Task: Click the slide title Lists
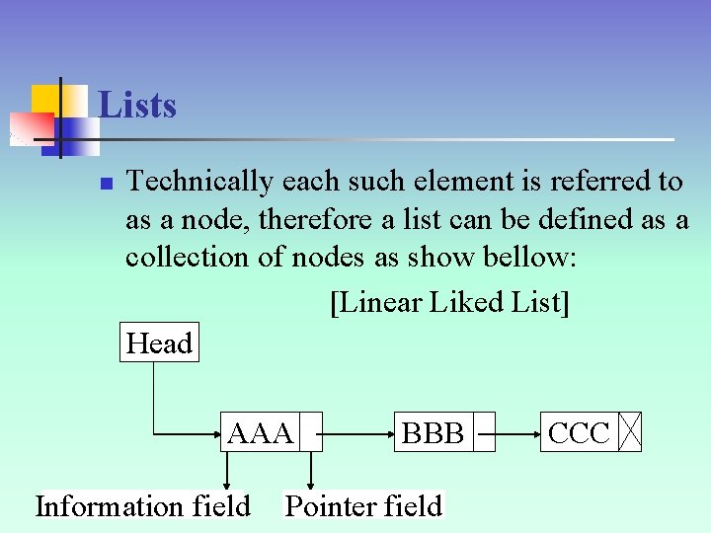tap(137, 105)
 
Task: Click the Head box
tap(159, 343)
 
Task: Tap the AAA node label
tap(260, 432)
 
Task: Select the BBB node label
tap(433, 432)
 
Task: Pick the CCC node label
tap(579, 432)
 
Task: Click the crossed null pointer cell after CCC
tap(630, 432)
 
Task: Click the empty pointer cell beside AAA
tap(310, 432)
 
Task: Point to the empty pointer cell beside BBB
tap(484, 432)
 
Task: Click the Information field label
tap(143, 506)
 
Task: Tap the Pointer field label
tap(363, 506)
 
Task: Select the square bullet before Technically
tap(108, 184)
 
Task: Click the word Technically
tap(200, 182)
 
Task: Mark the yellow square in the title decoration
tap(46, 99)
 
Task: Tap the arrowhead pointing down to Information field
tap(228, 483)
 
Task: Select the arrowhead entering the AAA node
tap(215, 432)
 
